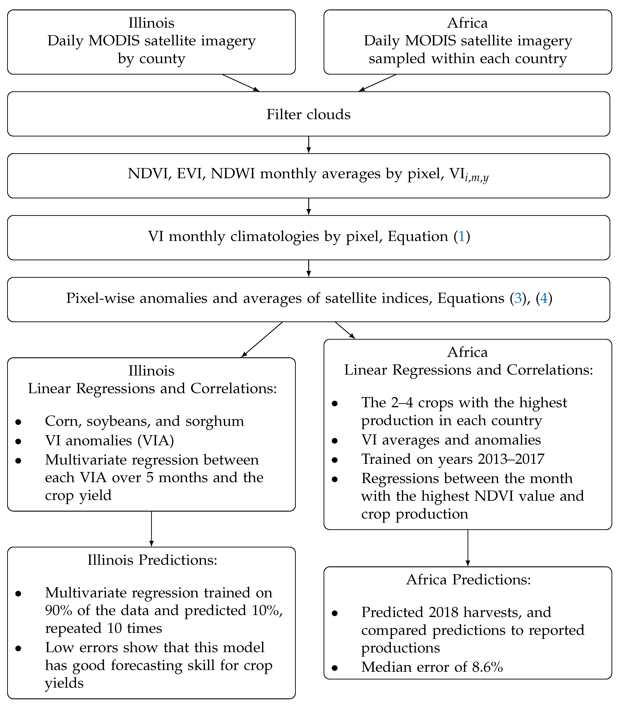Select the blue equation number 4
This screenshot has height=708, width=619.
point(544,298)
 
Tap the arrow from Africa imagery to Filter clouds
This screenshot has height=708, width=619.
point(377,83)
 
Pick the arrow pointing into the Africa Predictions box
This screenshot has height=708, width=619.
point(468,548)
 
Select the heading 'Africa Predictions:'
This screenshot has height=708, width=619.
point(468,580)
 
